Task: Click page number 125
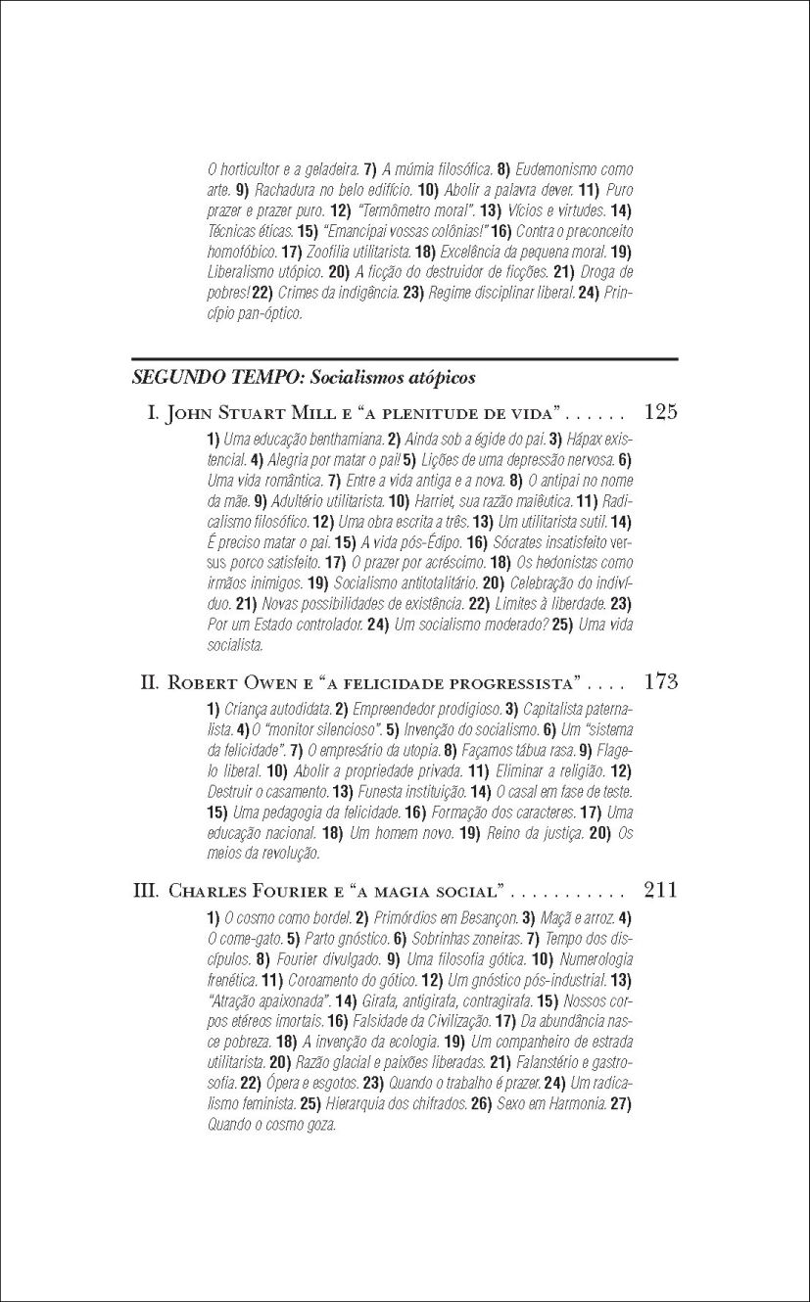pos(661,412)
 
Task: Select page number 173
pos(661,681)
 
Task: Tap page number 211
pos(661,891)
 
